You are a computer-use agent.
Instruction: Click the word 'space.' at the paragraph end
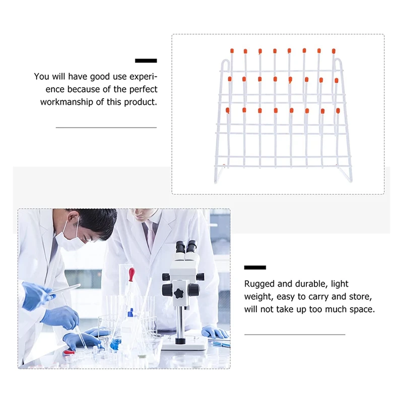(363, 309)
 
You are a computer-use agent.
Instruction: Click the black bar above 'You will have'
(146, 60)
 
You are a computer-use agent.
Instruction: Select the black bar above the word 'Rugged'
(255, 267)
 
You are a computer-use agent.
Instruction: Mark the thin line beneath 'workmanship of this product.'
(106, 127)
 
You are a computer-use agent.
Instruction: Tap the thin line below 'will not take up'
(295, 334)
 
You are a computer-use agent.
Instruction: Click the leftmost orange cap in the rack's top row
(232, 50)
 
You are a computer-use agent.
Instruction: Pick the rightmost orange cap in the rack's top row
(333, 51)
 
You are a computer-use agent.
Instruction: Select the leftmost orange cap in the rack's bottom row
(228, 110)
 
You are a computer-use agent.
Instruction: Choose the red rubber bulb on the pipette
(132, 274)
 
